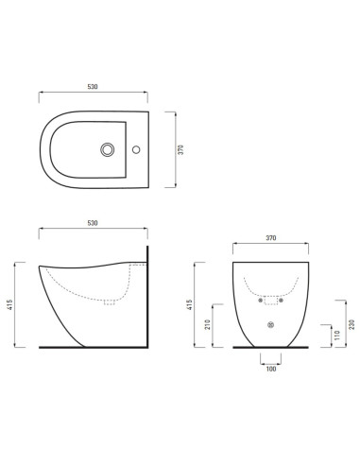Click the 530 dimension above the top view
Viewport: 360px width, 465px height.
[93, 86]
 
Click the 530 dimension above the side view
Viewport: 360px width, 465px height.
[93, 223]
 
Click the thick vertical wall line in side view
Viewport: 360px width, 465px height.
[148, 298]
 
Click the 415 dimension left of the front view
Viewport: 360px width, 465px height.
[191, 305]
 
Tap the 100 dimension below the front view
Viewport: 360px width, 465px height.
[271, 368]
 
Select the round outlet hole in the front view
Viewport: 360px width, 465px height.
[271, 326]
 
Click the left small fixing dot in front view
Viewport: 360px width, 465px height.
[258, 304]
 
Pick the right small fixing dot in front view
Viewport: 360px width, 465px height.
[284, 304]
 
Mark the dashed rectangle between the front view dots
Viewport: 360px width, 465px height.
[271, 301]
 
